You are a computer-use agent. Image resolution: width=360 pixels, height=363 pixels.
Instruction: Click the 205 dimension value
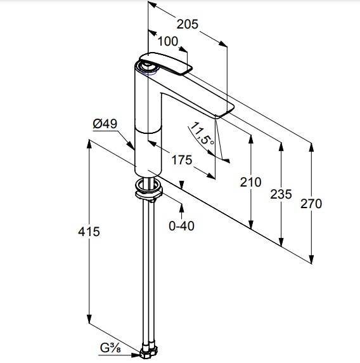click(x=187, y=24)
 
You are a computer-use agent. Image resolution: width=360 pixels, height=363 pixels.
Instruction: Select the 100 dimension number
click(x=168, y=41)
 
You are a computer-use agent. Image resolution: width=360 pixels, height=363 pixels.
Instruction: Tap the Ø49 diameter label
click(x=105, y=124)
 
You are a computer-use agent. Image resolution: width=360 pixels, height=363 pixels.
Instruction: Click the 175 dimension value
click(x=182, y=160)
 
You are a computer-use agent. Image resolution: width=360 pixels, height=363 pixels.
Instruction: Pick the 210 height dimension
click(x=250, y=182)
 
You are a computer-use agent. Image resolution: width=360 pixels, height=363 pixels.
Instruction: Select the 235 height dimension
click(x=281, y=194)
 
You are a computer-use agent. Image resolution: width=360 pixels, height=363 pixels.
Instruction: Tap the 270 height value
click(x=311, y=204)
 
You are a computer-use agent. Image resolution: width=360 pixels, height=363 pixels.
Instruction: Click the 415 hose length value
click(x=89, y=232)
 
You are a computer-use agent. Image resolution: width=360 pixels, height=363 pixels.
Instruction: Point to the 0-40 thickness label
click(x=181, y=226)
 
